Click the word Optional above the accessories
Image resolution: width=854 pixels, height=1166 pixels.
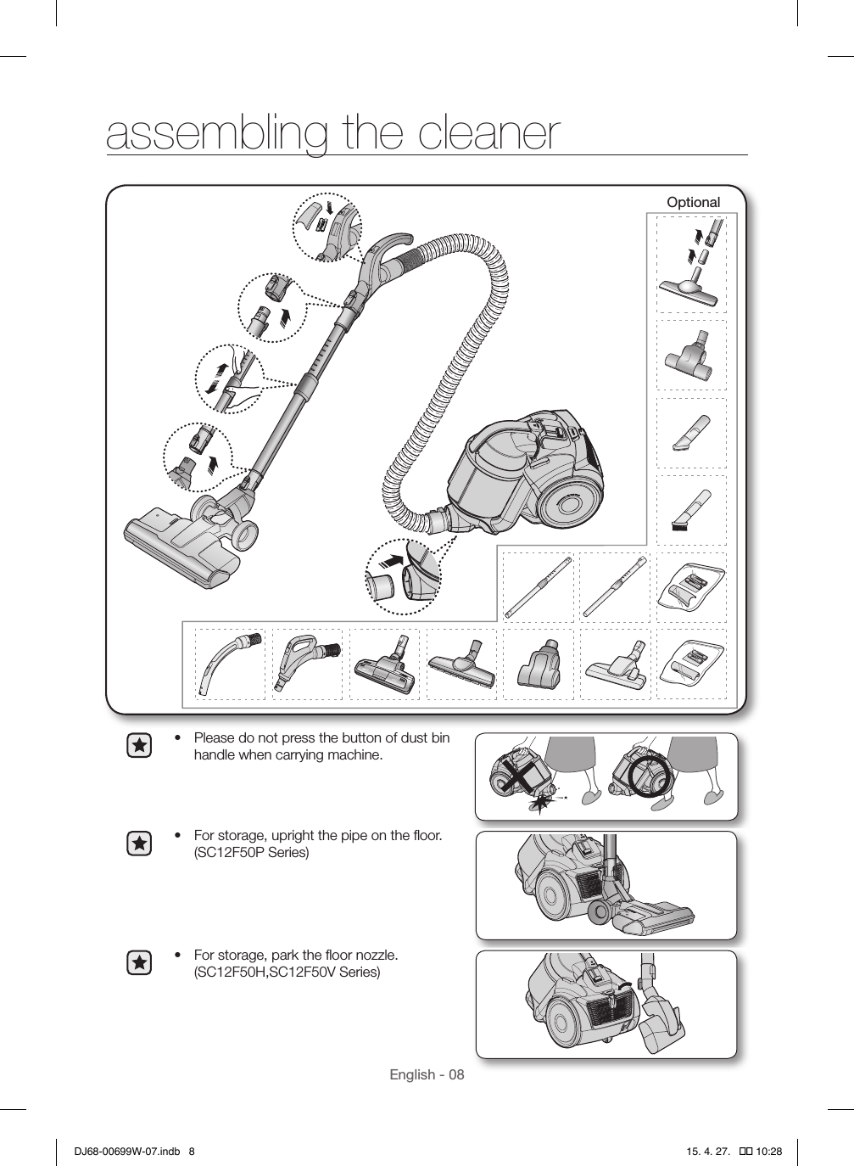(693, 202)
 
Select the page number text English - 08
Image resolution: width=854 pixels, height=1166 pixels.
(427, 1074)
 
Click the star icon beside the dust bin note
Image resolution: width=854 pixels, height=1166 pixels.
(139, 746)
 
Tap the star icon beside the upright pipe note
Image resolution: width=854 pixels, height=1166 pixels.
(139, 844)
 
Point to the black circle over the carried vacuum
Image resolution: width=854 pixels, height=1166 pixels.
(653, 775)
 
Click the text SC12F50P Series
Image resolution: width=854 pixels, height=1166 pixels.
(252, 852)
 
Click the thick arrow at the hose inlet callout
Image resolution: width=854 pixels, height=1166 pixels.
(391, 559)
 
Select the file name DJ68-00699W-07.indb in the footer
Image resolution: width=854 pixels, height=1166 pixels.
(125, 1152)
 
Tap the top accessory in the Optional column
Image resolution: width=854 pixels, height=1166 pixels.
(692, 263)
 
